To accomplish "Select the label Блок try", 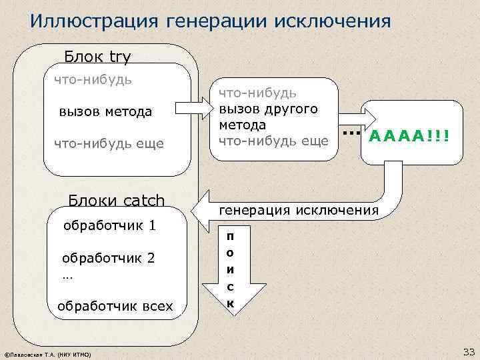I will coord(97,57).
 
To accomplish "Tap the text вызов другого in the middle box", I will coord(269,109).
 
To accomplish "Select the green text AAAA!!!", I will coord(409,137).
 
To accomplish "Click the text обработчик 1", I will coord(109,225).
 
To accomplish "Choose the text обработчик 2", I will coord(108,257).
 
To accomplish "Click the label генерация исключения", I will coord(299,210).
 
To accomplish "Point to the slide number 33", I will coord(467,351).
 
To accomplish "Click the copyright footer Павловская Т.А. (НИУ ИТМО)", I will coord(47,353).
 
